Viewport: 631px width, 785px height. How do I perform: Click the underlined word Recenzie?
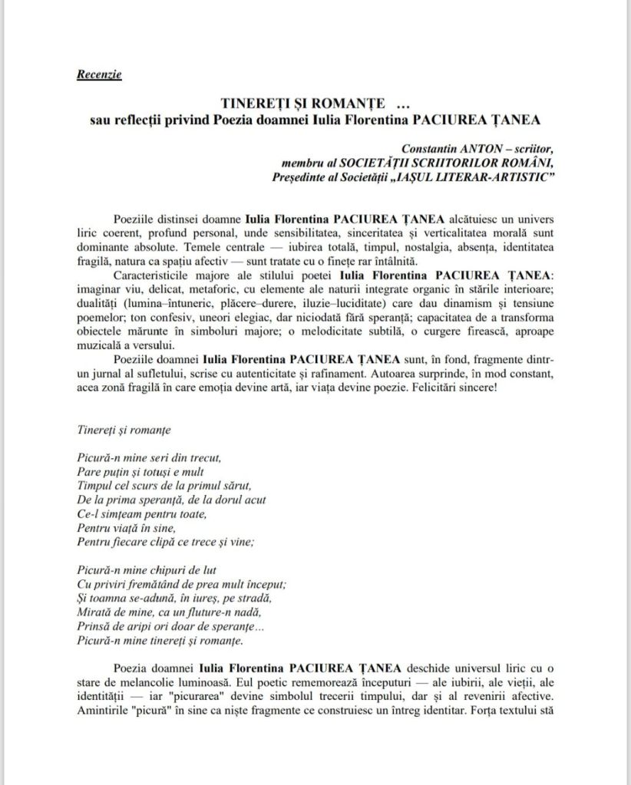[x=99, y=74]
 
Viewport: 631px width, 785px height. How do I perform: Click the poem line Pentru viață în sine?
[x=127, y=527]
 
